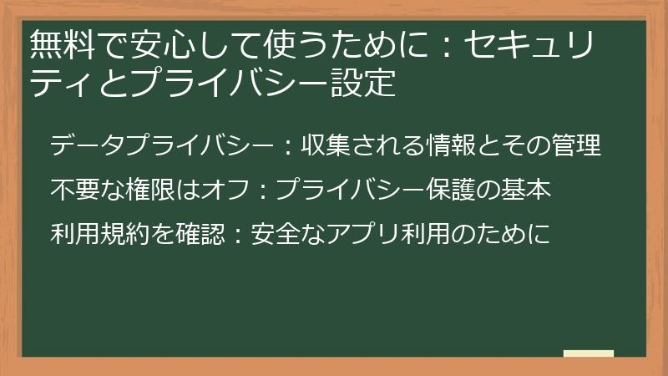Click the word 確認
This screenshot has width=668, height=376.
(201, 234)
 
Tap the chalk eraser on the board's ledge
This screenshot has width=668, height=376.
(588, 353)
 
